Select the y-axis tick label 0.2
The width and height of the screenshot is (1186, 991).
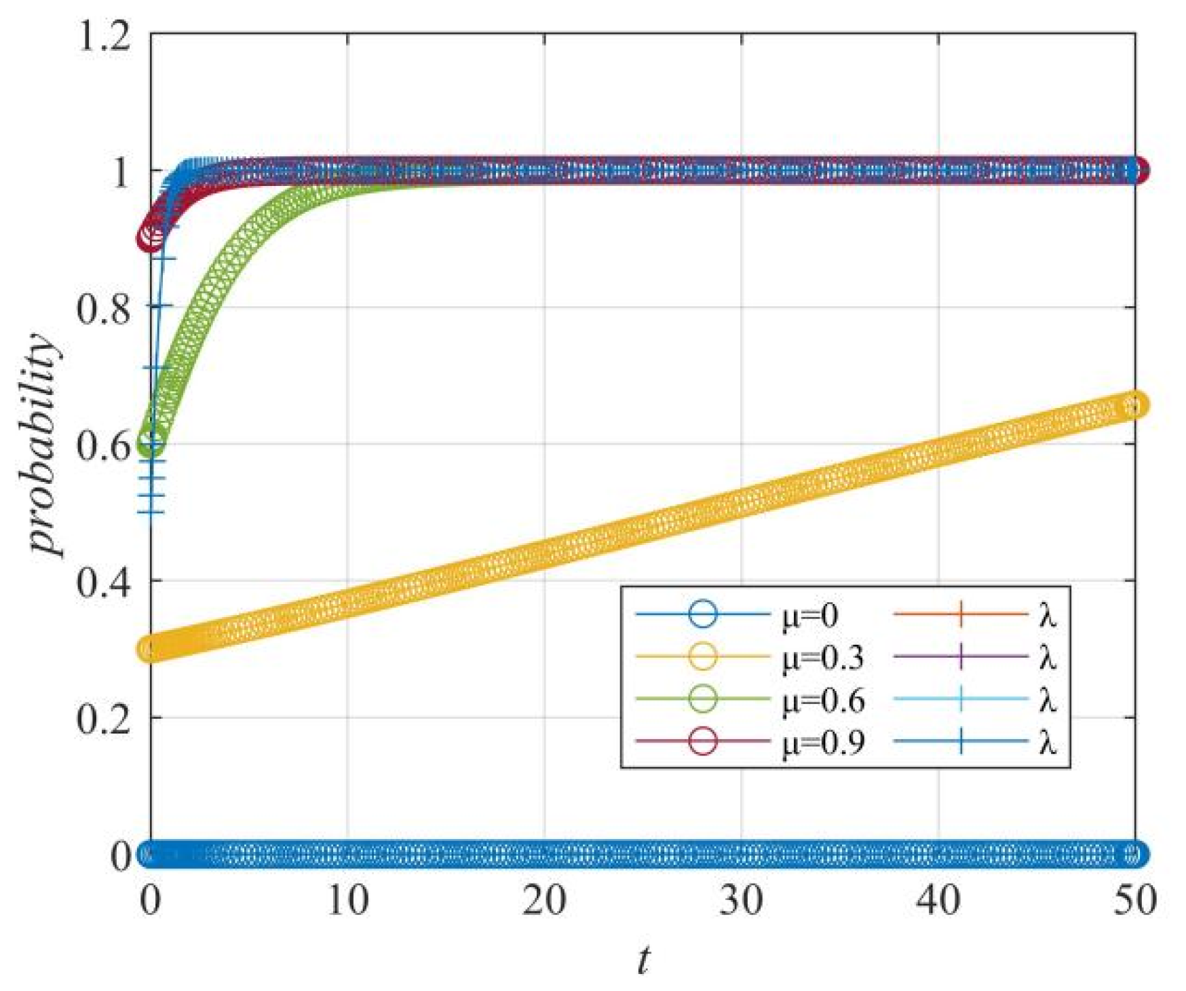click(x=103, y=719)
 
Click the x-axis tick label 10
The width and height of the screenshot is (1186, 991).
click(x=347, y=901)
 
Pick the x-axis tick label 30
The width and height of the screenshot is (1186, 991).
click(x=741, y=901)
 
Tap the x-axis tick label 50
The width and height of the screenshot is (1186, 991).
click(x=1134, y=901)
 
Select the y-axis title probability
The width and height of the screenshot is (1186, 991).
click(x=42, y=445)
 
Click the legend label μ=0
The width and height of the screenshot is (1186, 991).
click(x=809, y=616)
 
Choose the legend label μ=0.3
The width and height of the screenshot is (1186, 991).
click(x=822, y=658)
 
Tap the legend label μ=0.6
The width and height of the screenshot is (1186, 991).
click(x=822, y=700)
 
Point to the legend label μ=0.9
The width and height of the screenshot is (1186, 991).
click(x=822, y=742)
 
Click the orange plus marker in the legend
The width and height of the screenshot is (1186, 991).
click(x=960, y=615)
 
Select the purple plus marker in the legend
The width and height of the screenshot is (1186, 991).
click(x=960, y=657)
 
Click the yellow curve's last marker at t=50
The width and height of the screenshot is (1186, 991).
click(x=1134, y=406)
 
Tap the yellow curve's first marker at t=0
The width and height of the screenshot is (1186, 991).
click(x=151, y=648)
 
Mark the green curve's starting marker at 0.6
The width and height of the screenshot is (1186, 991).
click(x=151, y=444)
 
